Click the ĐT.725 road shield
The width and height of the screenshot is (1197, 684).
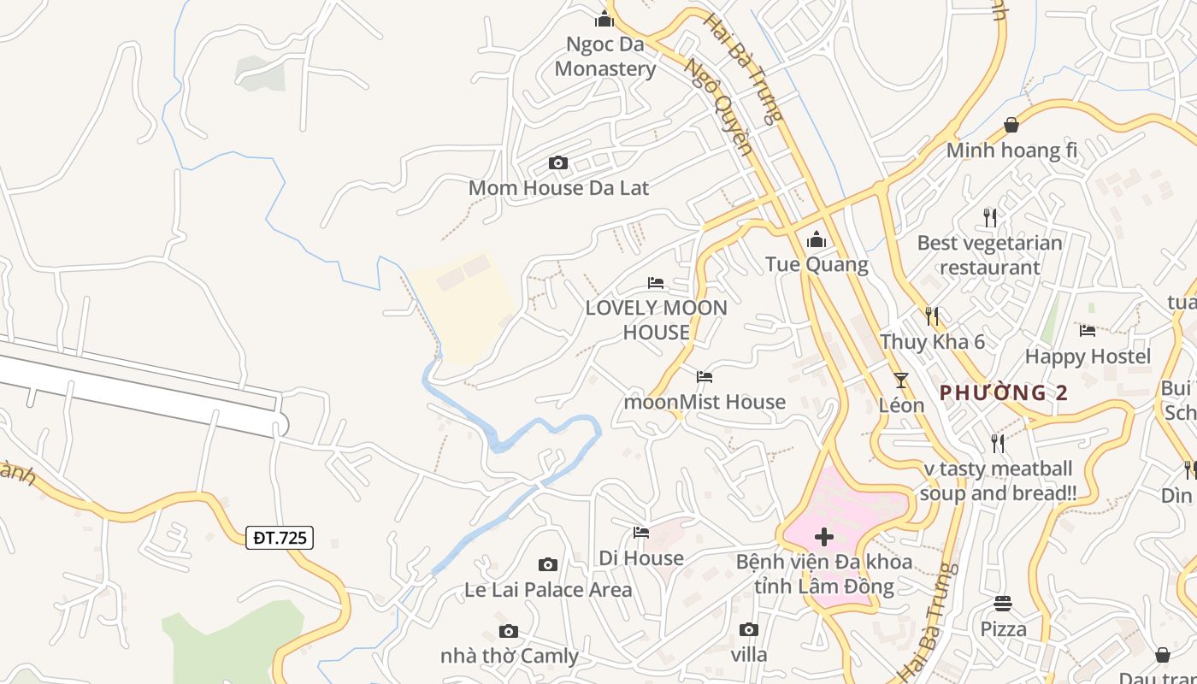coord(280,538)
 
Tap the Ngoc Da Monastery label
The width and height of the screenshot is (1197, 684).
coord(605,56)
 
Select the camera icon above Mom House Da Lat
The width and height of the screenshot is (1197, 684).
coord(558,162)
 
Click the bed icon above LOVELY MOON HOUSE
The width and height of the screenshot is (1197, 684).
coord(656,282)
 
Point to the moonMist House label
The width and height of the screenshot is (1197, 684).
coord(705,402)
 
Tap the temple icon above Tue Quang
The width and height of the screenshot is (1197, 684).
coord(817,239)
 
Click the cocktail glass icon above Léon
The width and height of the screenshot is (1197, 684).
coord(901,380)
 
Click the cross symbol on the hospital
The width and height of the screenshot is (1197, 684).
coord(824,537)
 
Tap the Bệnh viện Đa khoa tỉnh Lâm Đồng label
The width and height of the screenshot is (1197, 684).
coord(824,575)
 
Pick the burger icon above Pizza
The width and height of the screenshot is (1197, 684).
coord(1003,604)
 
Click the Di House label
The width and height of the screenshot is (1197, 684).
coord(641,558)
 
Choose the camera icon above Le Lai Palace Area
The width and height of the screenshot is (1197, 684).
coord(548,564)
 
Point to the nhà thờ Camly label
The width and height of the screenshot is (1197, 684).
coord(510,657)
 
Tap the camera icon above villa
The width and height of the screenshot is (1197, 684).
coord(749,630)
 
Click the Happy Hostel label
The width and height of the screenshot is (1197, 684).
coord(1088,357)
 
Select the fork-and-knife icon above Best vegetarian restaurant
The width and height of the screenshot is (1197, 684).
coord(990,217)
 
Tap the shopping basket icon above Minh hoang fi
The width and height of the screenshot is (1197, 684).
coord(1011,126)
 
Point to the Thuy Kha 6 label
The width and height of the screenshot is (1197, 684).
coord(933,342)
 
